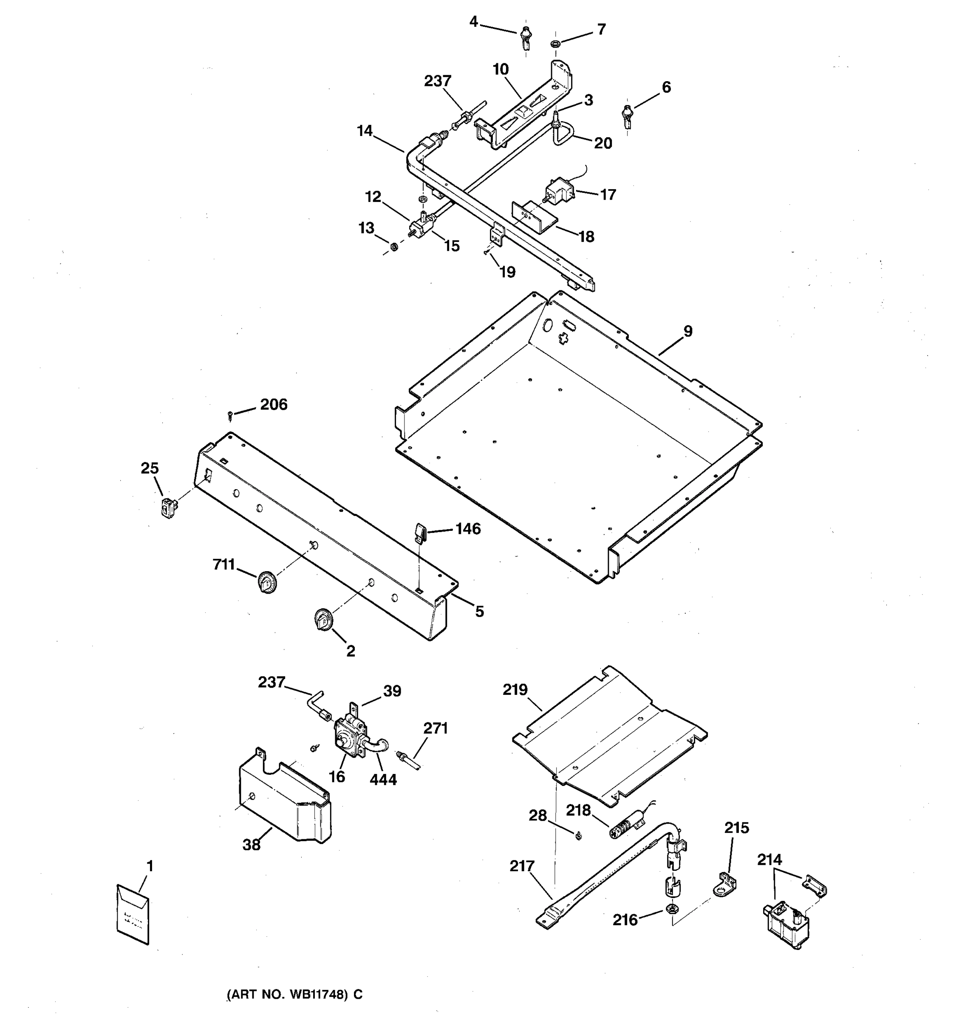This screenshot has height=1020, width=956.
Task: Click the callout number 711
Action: click(x=223, y=565)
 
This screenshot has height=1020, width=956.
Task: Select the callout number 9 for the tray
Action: click(x=688, y=331)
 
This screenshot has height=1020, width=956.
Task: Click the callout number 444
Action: click(x=383, y=780)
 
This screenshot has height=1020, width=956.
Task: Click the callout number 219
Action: click(x=515, y=690)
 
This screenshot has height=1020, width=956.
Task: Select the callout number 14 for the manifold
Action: click(x=365, y=131)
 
